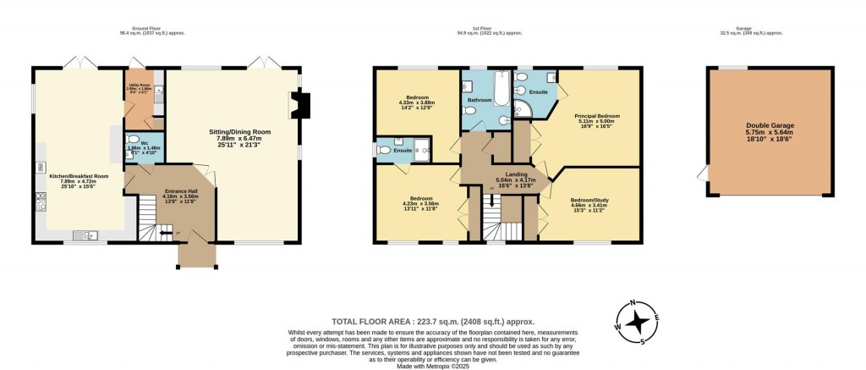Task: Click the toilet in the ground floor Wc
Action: click(131, 141)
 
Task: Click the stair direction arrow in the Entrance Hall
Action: click(164, 232)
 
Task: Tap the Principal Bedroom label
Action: click(597, 121)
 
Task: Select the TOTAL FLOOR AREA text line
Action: click(432, 322)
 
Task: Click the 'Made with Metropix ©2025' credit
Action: click(432, 366)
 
